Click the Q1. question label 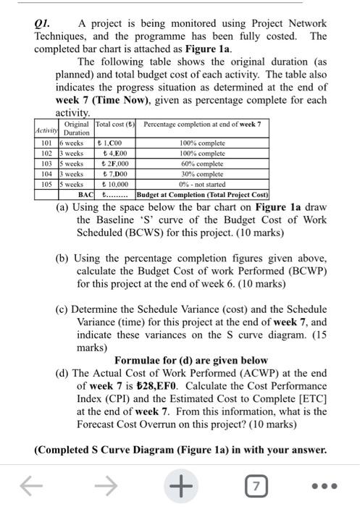[45, 23]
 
